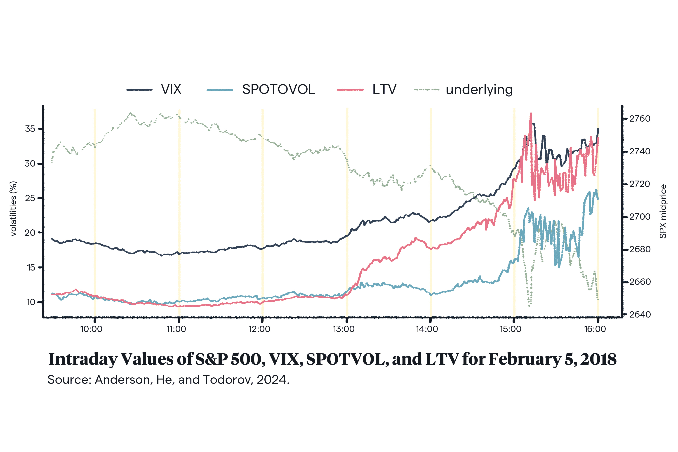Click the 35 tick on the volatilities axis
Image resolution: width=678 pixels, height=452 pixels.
(30, 129)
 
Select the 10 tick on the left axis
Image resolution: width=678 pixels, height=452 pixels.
(31, 302)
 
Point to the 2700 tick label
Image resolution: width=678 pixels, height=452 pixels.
(640, 217)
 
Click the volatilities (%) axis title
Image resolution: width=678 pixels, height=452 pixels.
(14, 209)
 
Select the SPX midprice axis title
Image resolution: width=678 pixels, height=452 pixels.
(663, 211)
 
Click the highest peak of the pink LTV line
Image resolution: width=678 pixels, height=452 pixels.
(531, 114)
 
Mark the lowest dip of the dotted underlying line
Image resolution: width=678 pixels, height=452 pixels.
(529, 306)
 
